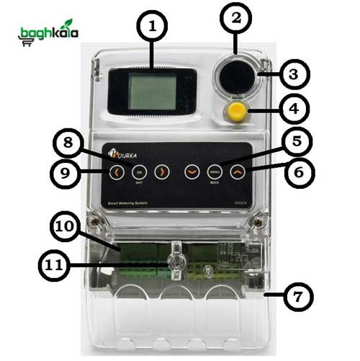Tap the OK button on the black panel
pos(140,172)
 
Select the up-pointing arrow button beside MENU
pos(236,172)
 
